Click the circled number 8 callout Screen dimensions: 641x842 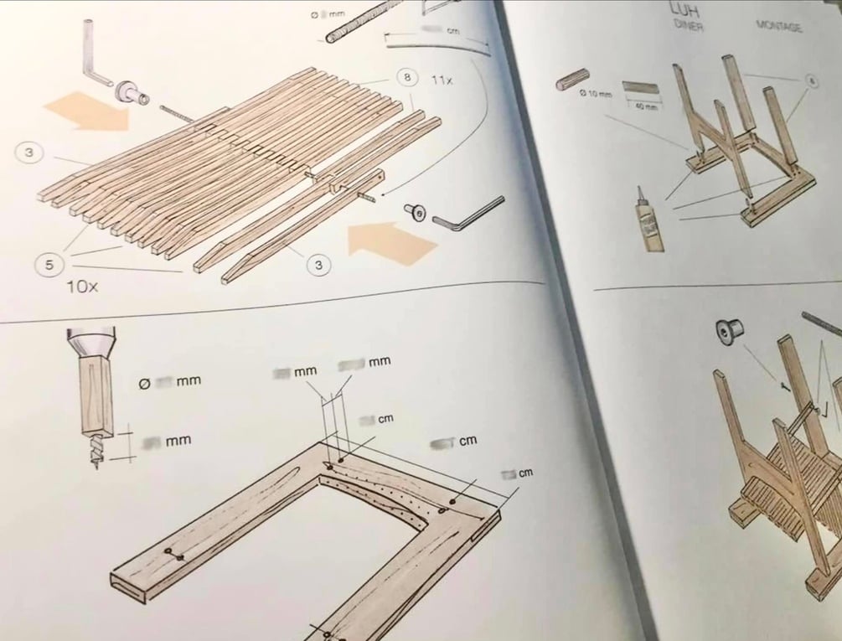pyautogui.click(x=406, y=78)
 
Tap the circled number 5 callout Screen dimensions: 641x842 pyautogui.click(x=49, y=266)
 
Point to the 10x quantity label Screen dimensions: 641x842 pyautogui.click(x=83, y=287)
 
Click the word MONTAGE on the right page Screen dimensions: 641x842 pyautogui.click(x=778, y=27)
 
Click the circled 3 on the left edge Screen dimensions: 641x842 pyautogui.click(x=29, y=152)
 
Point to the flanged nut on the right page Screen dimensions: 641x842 pyautogui.click(x=726, y=333)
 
